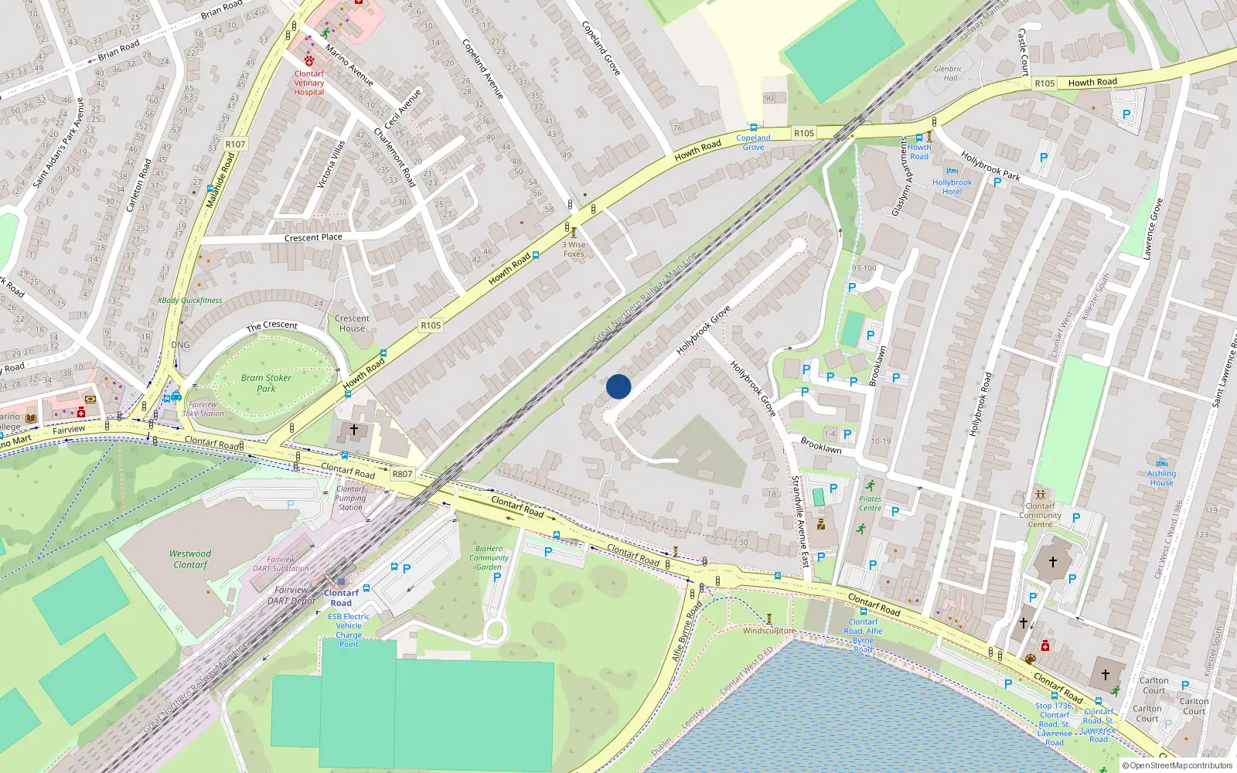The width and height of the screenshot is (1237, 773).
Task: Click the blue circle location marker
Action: click(618, 386)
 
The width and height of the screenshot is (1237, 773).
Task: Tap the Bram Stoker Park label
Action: click(266, 383)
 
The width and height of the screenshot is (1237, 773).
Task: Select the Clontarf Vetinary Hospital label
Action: click(309, 83)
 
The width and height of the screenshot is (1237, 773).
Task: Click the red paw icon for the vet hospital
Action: click(309, 60)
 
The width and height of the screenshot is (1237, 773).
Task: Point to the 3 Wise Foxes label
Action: click(574, 249)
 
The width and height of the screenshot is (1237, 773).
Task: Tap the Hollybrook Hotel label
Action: click(952, 187)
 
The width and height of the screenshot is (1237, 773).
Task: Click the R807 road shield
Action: click(402, 474)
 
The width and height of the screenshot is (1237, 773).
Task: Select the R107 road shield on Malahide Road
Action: click(235, 145)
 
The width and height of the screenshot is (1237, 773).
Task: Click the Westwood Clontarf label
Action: click(190, 559)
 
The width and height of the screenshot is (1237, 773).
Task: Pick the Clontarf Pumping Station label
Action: click(350, 498)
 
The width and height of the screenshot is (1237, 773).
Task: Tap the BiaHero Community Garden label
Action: click(489, 557)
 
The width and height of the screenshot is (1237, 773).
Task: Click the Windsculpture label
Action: click(768, 631)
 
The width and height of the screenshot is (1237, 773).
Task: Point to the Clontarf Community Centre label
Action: click(1040, 515)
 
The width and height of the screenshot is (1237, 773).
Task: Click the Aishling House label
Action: click(1161, 478)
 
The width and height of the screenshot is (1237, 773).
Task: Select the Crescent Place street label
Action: click(313, 237)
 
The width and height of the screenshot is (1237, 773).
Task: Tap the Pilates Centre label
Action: click(870, 503)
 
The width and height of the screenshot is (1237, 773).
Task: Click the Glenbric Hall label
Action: click(948, 73)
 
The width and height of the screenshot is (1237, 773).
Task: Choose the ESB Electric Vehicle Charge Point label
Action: click(349, 630)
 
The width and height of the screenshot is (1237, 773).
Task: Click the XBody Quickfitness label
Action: click(189, 301)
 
